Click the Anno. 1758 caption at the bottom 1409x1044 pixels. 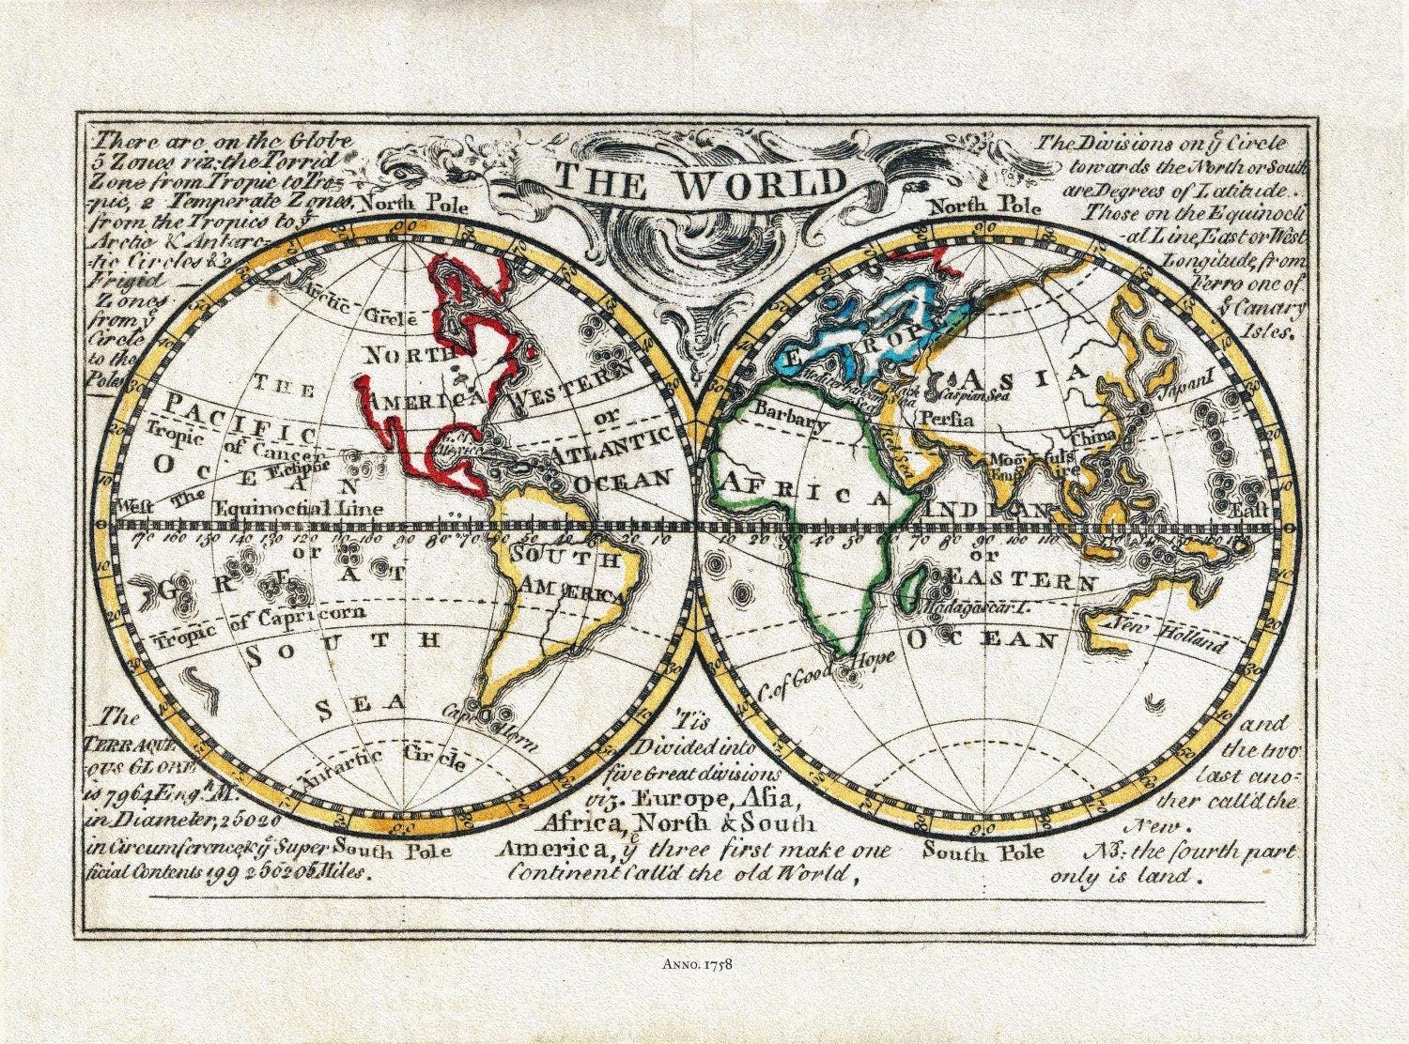pos(704,960)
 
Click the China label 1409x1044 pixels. pos(1090,435)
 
